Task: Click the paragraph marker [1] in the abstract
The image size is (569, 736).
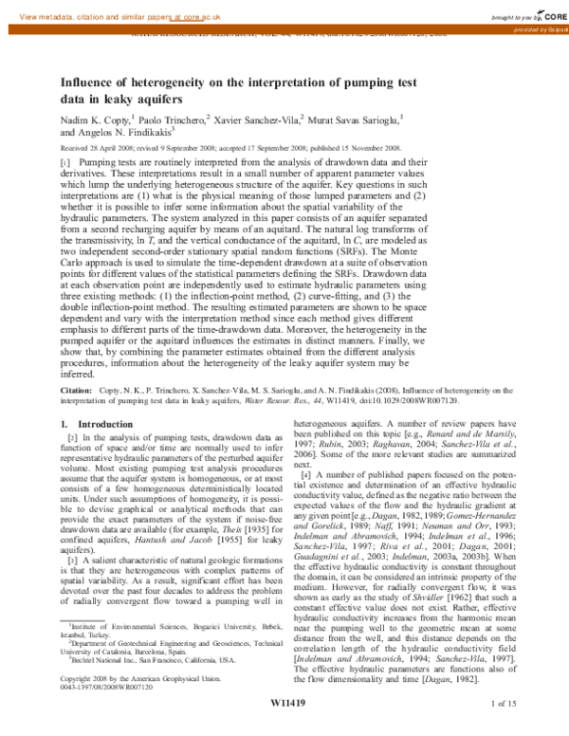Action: pyautogui.click(x=66, y=163)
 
